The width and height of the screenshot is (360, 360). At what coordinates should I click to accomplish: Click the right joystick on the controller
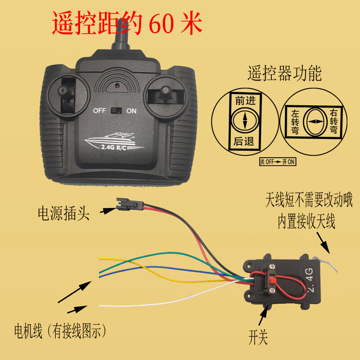click(x=165, y=93)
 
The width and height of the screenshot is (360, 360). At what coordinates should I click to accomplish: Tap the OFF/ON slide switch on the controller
click(x=116, y=110)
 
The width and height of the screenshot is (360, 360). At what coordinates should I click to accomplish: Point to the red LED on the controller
click(x=117, y=85)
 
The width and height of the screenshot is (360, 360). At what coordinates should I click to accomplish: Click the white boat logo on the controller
click(x=114, y=141)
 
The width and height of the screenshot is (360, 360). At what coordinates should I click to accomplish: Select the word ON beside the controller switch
click(x=131, y=111)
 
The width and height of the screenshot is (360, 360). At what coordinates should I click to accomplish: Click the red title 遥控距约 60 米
click(x=127, y=23)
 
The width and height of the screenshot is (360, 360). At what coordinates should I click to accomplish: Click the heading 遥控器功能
click(x=284, y=73)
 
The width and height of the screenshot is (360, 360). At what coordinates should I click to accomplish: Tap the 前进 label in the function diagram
click(x=245, y=100)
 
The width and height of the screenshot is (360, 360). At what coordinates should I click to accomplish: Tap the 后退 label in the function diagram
click(x=244, y=141)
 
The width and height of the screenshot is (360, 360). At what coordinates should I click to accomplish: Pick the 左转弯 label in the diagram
click(x=295, y=121)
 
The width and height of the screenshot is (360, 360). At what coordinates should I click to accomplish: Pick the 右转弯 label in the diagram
click(x=333, y=121)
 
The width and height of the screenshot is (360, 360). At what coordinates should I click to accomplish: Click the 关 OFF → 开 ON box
click(x=278, y=162)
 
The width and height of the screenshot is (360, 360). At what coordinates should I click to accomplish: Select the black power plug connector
click(x=130, y=204)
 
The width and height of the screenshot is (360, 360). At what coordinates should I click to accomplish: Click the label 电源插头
click(x=63, y=213)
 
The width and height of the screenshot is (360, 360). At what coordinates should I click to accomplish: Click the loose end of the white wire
click(x=99, y=306)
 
